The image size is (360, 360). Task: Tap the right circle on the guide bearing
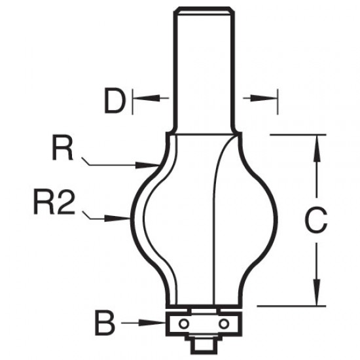(x=225, y=323)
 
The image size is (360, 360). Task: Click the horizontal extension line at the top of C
(x=298, y=134)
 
